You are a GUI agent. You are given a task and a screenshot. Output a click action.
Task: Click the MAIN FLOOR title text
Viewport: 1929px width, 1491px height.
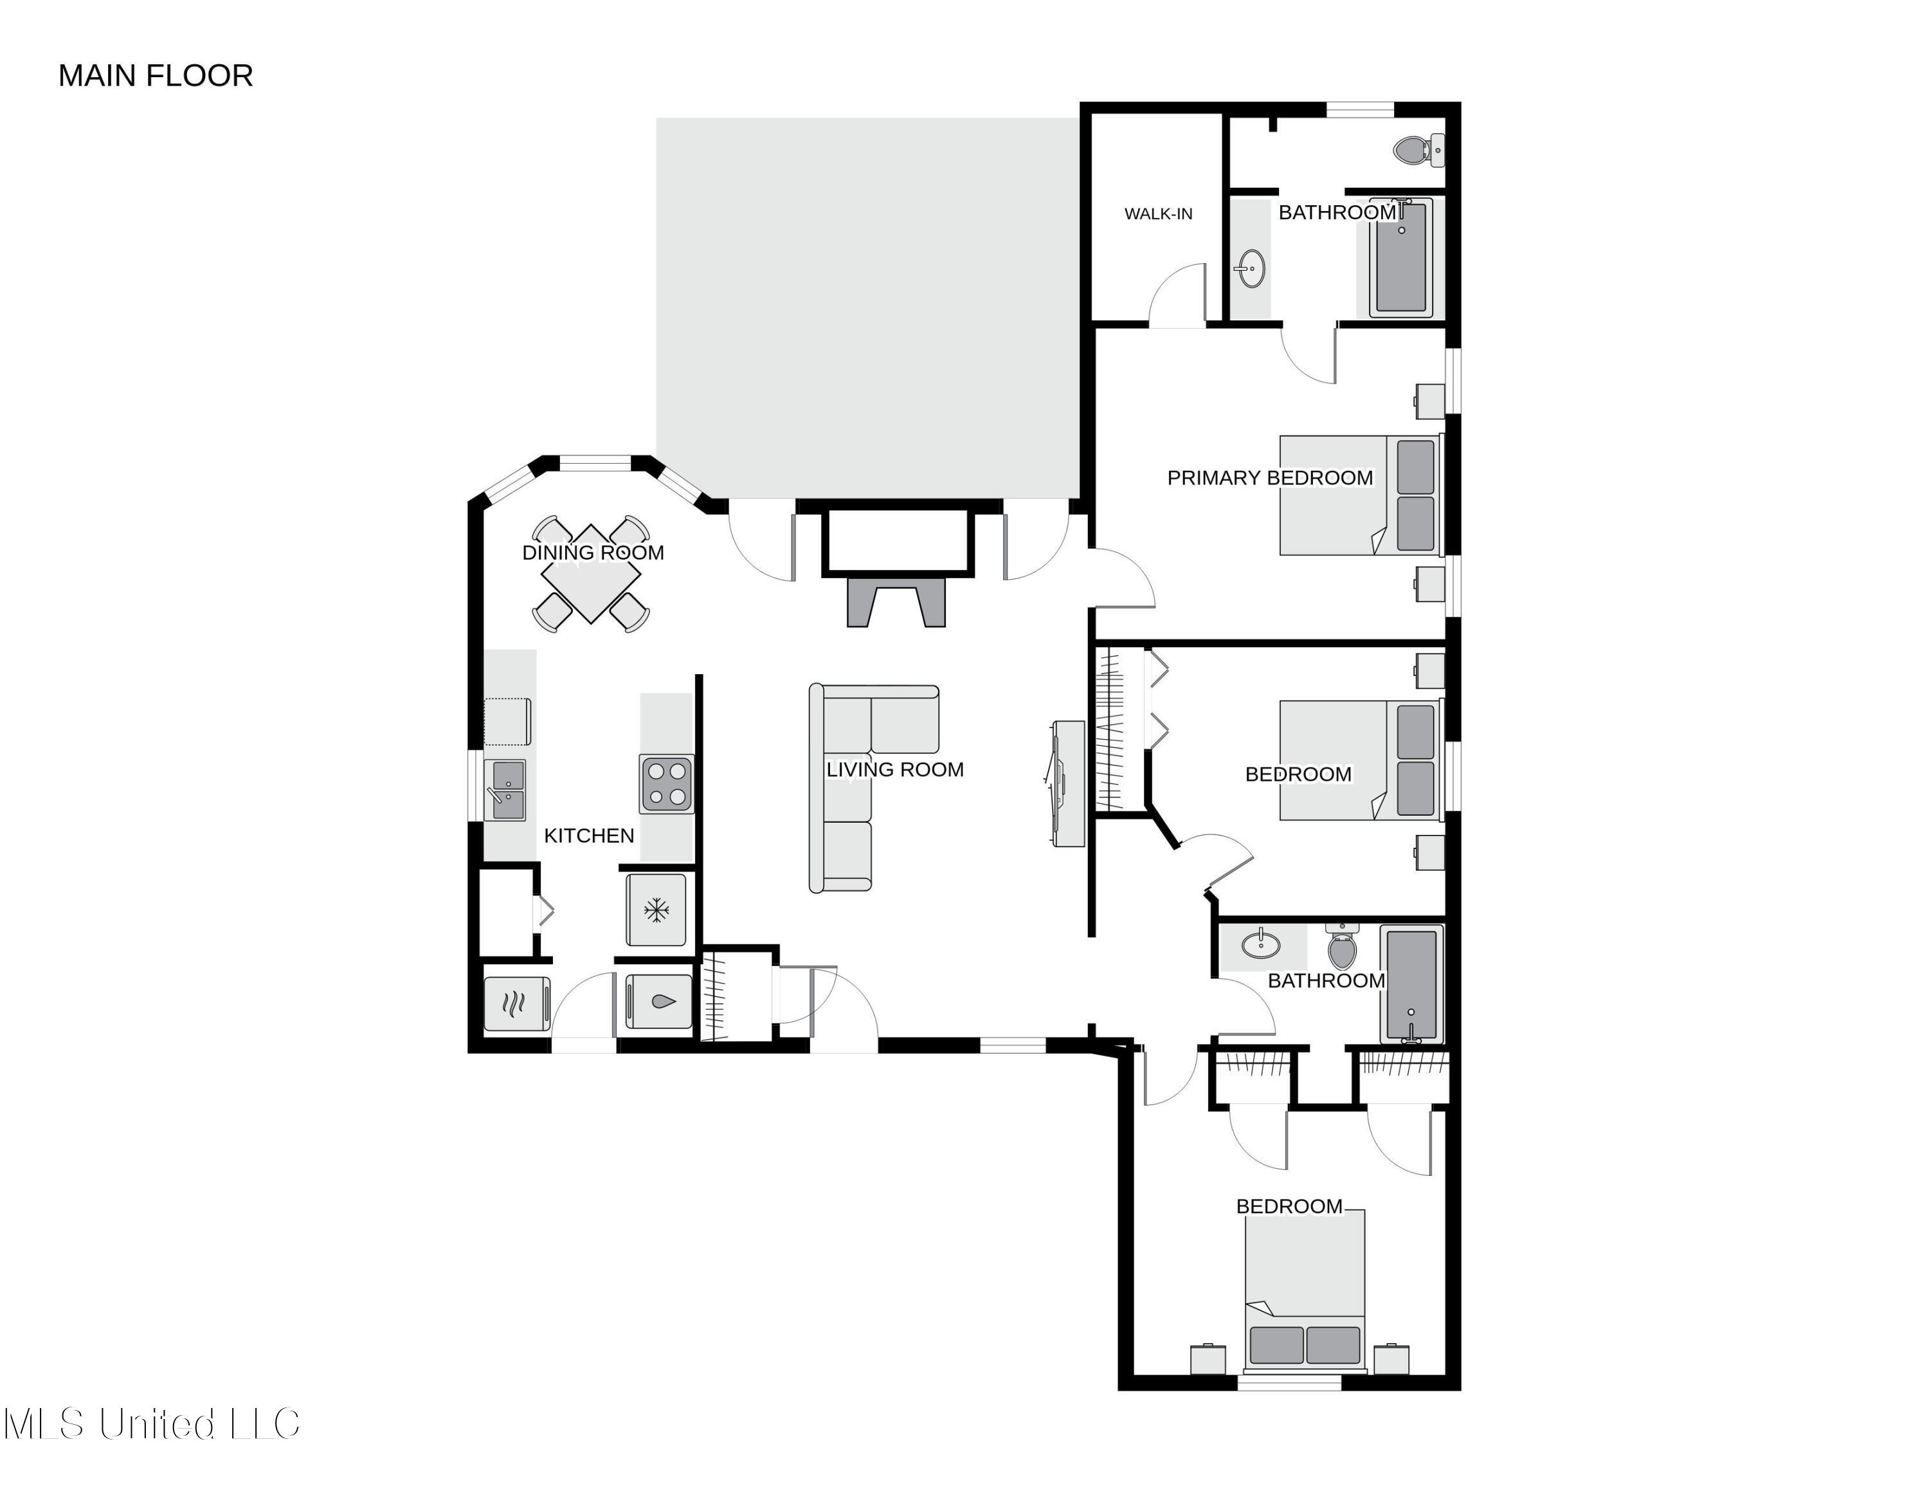pyautogui.click(x=156, y=76)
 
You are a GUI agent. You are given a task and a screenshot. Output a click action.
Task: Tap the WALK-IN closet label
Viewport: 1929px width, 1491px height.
pyautogui.click(x=1158, y=214)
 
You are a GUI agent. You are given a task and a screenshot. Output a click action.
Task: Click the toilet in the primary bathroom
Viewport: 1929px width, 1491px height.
pyautogui.click(x=1416, y=150)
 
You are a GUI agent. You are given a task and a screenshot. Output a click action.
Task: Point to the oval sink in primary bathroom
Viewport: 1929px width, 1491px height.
pyautogui.click(x=1251, y=268)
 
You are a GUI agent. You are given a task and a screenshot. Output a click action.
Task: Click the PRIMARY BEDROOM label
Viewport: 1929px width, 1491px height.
pyautogui.click(x=1270, y=478)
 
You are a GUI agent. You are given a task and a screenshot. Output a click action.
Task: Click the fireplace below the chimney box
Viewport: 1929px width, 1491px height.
pyautogui.click(x=896, y=603)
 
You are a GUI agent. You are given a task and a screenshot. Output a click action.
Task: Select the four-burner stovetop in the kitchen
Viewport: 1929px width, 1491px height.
pyautogui.click(x=667, y=784)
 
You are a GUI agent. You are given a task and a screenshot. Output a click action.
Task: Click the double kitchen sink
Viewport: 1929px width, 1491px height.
pyautogui.click(x=506, y=790)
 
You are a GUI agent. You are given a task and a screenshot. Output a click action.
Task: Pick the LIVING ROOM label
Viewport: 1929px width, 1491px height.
pyautogui.click(x=894, y=769)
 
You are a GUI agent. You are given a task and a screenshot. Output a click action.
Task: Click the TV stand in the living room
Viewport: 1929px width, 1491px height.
pyautogui.click(x=1069, y=783)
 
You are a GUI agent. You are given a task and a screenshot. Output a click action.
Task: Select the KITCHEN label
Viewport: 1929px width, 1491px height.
pyautogui.click(x=589, y=836)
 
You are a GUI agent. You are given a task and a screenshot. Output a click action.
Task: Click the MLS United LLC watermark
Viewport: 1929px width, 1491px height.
pyautogui.click(x=152, y=1424)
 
